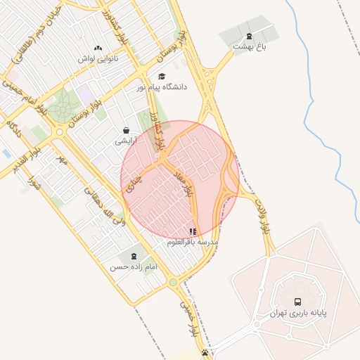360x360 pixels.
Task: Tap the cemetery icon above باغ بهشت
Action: tap(248, 37)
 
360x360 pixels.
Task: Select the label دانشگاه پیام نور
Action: tap(162, 87)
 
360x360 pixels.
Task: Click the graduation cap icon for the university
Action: tap(162, 77)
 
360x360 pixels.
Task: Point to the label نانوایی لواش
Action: tap(98, 58)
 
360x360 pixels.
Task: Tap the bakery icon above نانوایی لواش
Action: tap(98, 48)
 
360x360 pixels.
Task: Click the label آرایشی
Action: tap(126, 141)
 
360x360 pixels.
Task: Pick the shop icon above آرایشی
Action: tap(126, 131)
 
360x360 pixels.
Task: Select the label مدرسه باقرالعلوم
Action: tap(193, 242)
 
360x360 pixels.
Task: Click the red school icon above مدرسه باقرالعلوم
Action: tap(193, 231)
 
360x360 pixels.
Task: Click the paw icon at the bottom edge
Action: tap(204, 353)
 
